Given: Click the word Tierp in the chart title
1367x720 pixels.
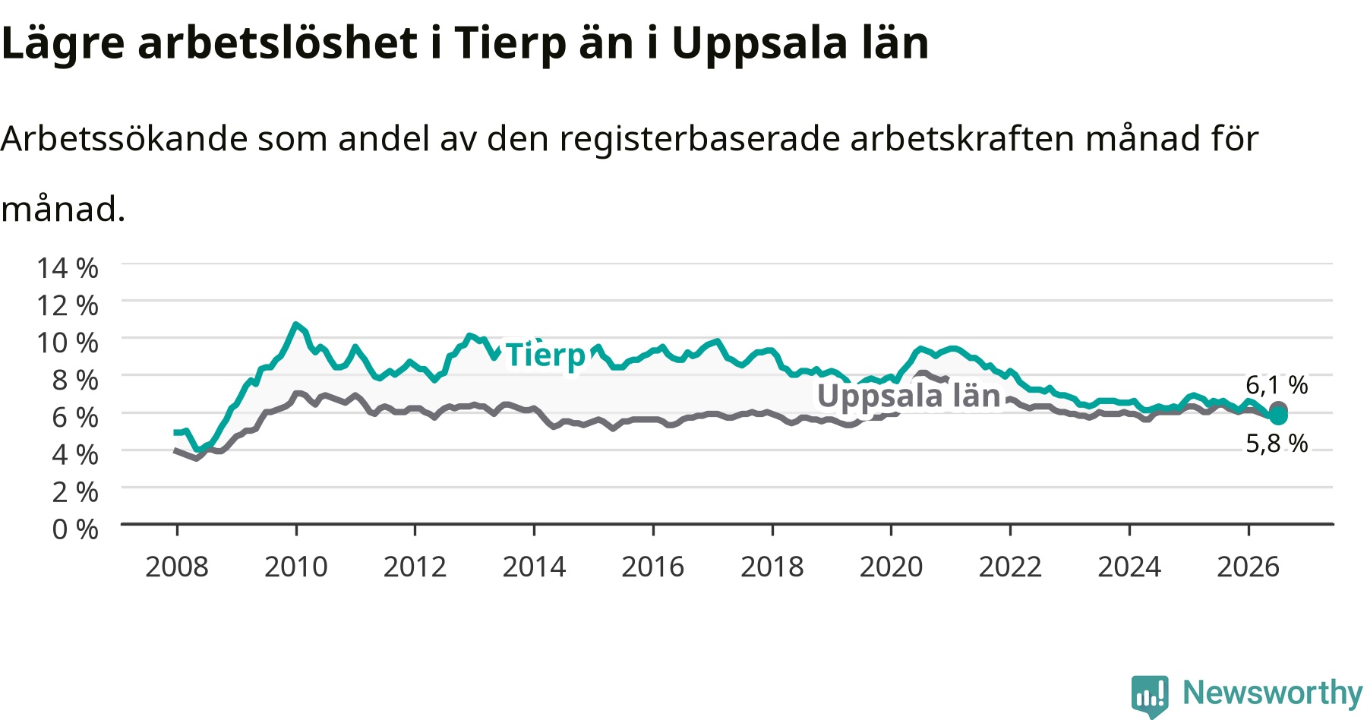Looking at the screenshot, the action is (x=510, y=44).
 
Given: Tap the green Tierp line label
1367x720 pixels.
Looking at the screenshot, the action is (x=546, y=355).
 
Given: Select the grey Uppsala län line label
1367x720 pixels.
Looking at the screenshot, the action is (x=909, y=396).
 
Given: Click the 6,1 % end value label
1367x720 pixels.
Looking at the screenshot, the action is (x=1277, y=385).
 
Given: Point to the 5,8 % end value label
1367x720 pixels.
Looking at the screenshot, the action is (x=1277, y=443).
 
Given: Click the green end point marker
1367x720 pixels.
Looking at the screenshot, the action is (x=1279, y=415).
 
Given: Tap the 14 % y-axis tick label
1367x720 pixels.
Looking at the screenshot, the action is (x=68, y=268).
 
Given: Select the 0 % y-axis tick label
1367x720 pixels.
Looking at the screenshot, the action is (x=75, y=529).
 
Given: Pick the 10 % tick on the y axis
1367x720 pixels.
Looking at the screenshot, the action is (x=68, y=343).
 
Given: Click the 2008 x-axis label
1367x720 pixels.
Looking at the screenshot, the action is (x=177, y=567).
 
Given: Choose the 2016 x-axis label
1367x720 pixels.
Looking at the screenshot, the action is (x=653, y=567).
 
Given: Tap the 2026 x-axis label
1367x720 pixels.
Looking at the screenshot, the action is (x=1249, y=567).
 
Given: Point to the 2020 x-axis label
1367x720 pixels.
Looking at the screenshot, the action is (x=892, y=567).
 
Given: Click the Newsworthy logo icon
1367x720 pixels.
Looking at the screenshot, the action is (x=1150, y=696).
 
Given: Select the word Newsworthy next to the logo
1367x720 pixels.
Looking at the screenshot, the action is (x=1273, y=693).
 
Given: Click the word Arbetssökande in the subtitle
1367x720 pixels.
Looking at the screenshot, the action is (x=125, y=139).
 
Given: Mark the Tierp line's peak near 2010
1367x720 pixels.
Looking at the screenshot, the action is (x=296, y=324).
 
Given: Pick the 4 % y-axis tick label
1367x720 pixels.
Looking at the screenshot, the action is (x=75, y=454).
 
